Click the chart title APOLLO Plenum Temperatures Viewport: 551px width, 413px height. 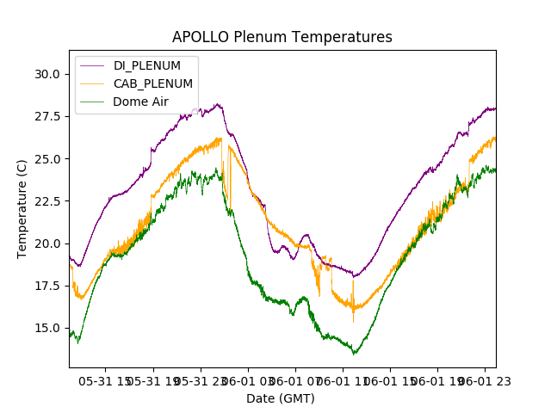[x=282, y=37]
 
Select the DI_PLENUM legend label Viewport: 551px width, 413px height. [x=147, y=66]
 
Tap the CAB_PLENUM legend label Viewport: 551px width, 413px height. [x=152, y=83]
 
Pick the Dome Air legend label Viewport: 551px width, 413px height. [x=140, y=102]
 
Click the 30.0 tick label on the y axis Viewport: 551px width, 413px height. [x=47, y=74]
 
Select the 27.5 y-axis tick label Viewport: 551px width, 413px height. [x=47, y=116]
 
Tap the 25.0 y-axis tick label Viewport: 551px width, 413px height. [x=47, y=158]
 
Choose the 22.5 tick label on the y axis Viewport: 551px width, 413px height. [x=47, y=200]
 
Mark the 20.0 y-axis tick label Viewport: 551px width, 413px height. [x=47, y=243]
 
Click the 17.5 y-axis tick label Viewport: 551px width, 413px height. [x=47, y=286]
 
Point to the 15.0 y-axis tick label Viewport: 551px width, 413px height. [x=47, y=328]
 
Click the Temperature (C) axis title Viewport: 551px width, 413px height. [x=22, y=208]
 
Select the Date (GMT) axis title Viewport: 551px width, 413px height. [x=281, y=398]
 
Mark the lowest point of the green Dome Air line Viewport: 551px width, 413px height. [x=354, y=354]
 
